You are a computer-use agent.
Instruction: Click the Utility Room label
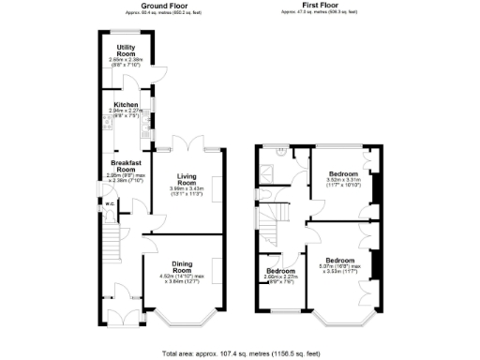127,50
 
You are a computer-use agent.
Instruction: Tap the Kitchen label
127,105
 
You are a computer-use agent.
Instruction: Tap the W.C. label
110,202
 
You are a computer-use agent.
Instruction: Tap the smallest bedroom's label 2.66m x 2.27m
280,277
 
